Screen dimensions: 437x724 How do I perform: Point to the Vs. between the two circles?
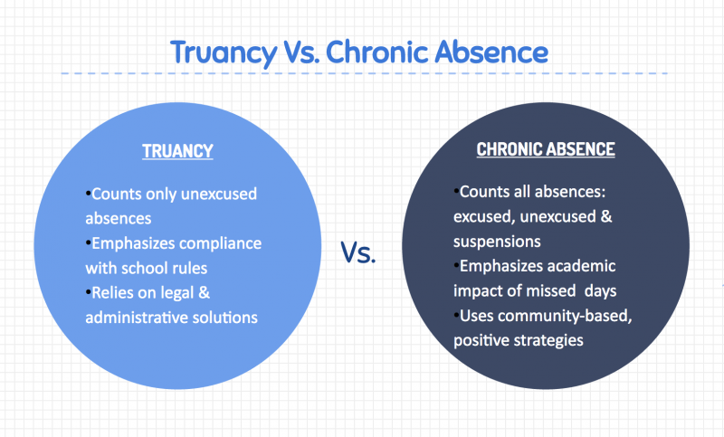[x=358, y=253]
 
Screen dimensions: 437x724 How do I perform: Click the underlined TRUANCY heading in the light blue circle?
[x=177, y=151]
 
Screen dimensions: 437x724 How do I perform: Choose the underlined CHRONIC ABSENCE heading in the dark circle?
[x=546, y=149]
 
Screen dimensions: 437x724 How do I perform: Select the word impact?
[x=479, y=290]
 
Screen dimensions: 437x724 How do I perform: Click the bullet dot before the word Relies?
[x=88, y=292]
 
